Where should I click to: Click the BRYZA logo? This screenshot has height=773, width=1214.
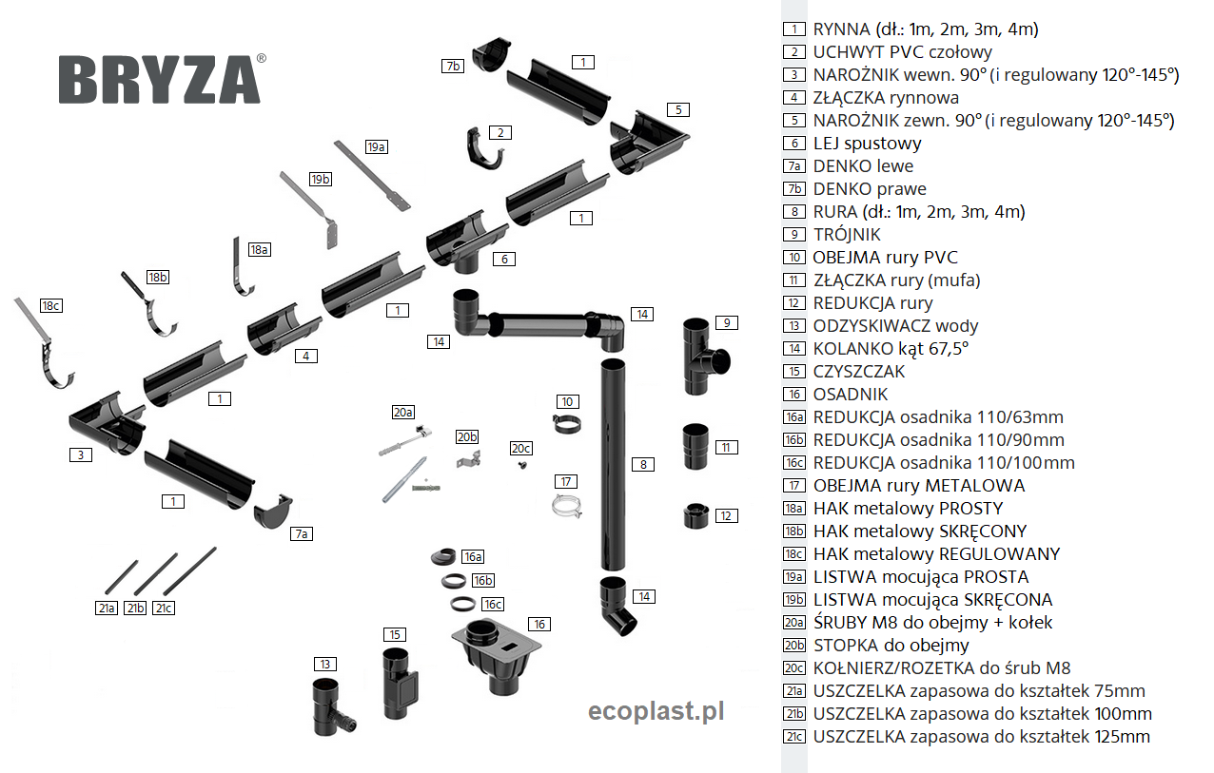[159, 79]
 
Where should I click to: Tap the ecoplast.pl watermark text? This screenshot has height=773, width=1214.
[656, 710]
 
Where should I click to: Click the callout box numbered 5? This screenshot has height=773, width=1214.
[677, 109]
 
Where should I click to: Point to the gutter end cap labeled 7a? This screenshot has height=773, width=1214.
[275, 512]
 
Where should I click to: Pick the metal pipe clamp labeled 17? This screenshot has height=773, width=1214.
[567, 505]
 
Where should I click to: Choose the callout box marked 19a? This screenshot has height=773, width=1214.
[377, 147]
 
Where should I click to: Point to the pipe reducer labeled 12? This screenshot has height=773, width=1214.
[696, 516]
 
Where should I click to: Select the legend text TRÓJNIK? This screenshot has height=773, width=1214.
[847, 235]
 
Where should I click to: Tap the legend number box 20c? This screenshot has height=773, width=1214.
[793, 668]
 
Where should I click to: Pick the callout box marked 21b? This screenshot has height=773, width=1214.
[135, 609]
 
